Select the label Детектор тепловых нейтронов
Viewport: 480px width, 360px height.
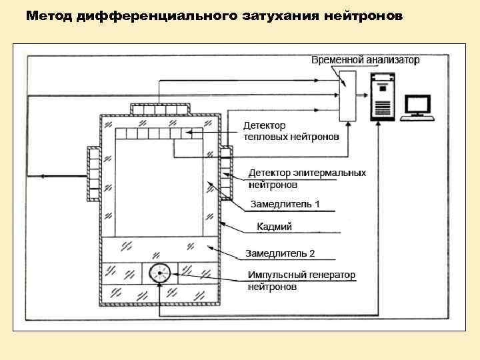point(290,131)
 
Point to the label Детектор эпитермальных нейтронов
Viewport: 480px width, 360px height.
point(307,178)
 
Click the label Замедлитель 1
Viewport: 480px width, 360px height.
point(285,203)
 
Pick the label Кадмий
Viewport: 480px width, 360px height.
point(275,227)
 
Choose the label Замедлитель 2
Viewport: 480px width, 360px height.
point(280,253)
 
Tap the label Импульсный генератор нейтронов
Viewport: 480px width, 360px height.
point(301,281)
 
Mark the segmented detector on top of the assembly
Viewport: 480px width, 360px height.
point(160,109)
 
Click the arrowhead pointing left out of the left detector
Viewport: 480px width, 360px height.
point(41,177)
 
